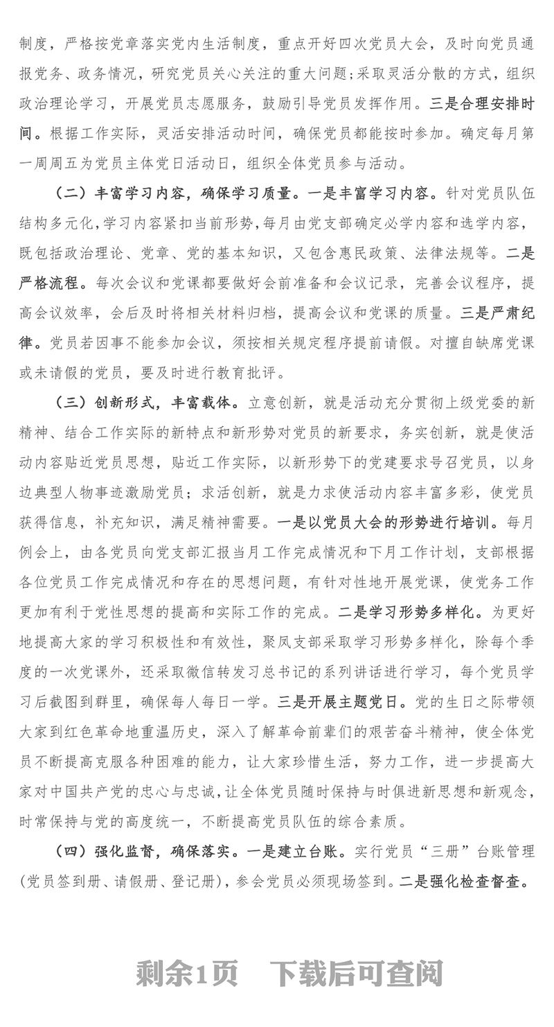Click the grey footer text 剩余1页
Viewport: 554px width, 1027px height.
187,974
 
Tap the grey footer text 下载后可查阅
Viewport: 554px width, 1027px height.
356,974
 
